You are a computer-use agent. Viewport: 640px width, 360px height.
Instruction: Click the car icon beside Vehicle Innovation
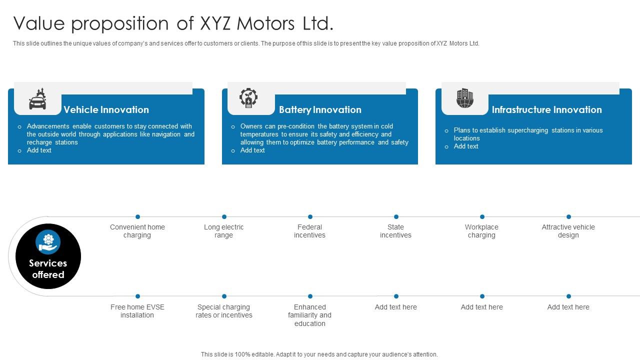tap(38, 99)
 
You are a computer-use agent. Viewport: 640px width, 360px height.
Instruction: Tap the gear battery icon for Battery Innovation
tap(248, 98)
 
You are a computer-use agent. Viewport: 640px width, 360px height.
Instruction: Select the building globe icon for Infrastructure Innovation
tap(464, 98)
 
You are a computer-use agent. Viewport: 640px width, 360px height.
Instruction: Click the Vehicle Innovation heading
tap(106, 110)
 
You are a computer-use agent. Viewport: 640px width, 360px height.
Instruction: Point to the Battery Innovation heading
tap(320, 110)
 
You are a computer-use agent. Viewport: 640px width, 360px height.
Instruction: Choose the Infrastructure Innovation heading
tap(546, 110)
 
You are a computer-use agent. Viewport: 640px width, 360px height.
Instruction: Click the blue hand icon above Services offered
tap(48, 242)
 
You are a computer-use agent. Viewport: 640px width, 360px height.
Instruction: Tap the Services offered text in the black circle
tap(48, 269)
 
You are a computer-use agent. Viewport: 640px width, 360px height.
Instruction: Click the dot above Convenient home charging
tap(137, 217)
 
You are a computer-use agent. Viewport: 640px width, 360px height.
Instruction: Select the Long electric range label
tap(224, 231)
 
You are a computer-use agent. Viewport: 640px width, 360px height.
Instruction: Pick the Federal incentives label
tap(310, 231)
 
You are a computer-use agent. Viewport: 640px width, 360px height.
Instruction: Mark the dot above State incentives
tap(396, 217)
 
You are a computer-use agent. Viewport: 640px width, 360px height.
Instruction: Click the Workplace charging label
tap(482, 231)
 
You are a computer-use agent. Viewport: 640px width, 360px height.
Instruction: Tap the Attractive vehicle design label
tap(568, 231)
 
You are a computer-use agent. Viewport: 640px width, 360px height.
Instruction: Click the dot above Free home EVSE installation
tap(137, 296)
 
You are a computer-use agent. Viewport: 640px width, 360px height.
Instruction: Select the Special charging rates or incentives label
tap(224, 311)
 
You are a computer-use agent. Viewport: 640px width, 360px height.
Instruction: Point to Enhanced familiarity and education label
tap(310, 315)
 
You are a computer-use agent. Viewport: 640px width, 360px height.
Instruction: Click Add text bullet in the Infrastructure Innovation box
tap(466, 146)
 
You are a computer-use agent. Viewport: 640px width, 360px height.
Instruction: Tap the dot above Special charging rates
tap(224, 296)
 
